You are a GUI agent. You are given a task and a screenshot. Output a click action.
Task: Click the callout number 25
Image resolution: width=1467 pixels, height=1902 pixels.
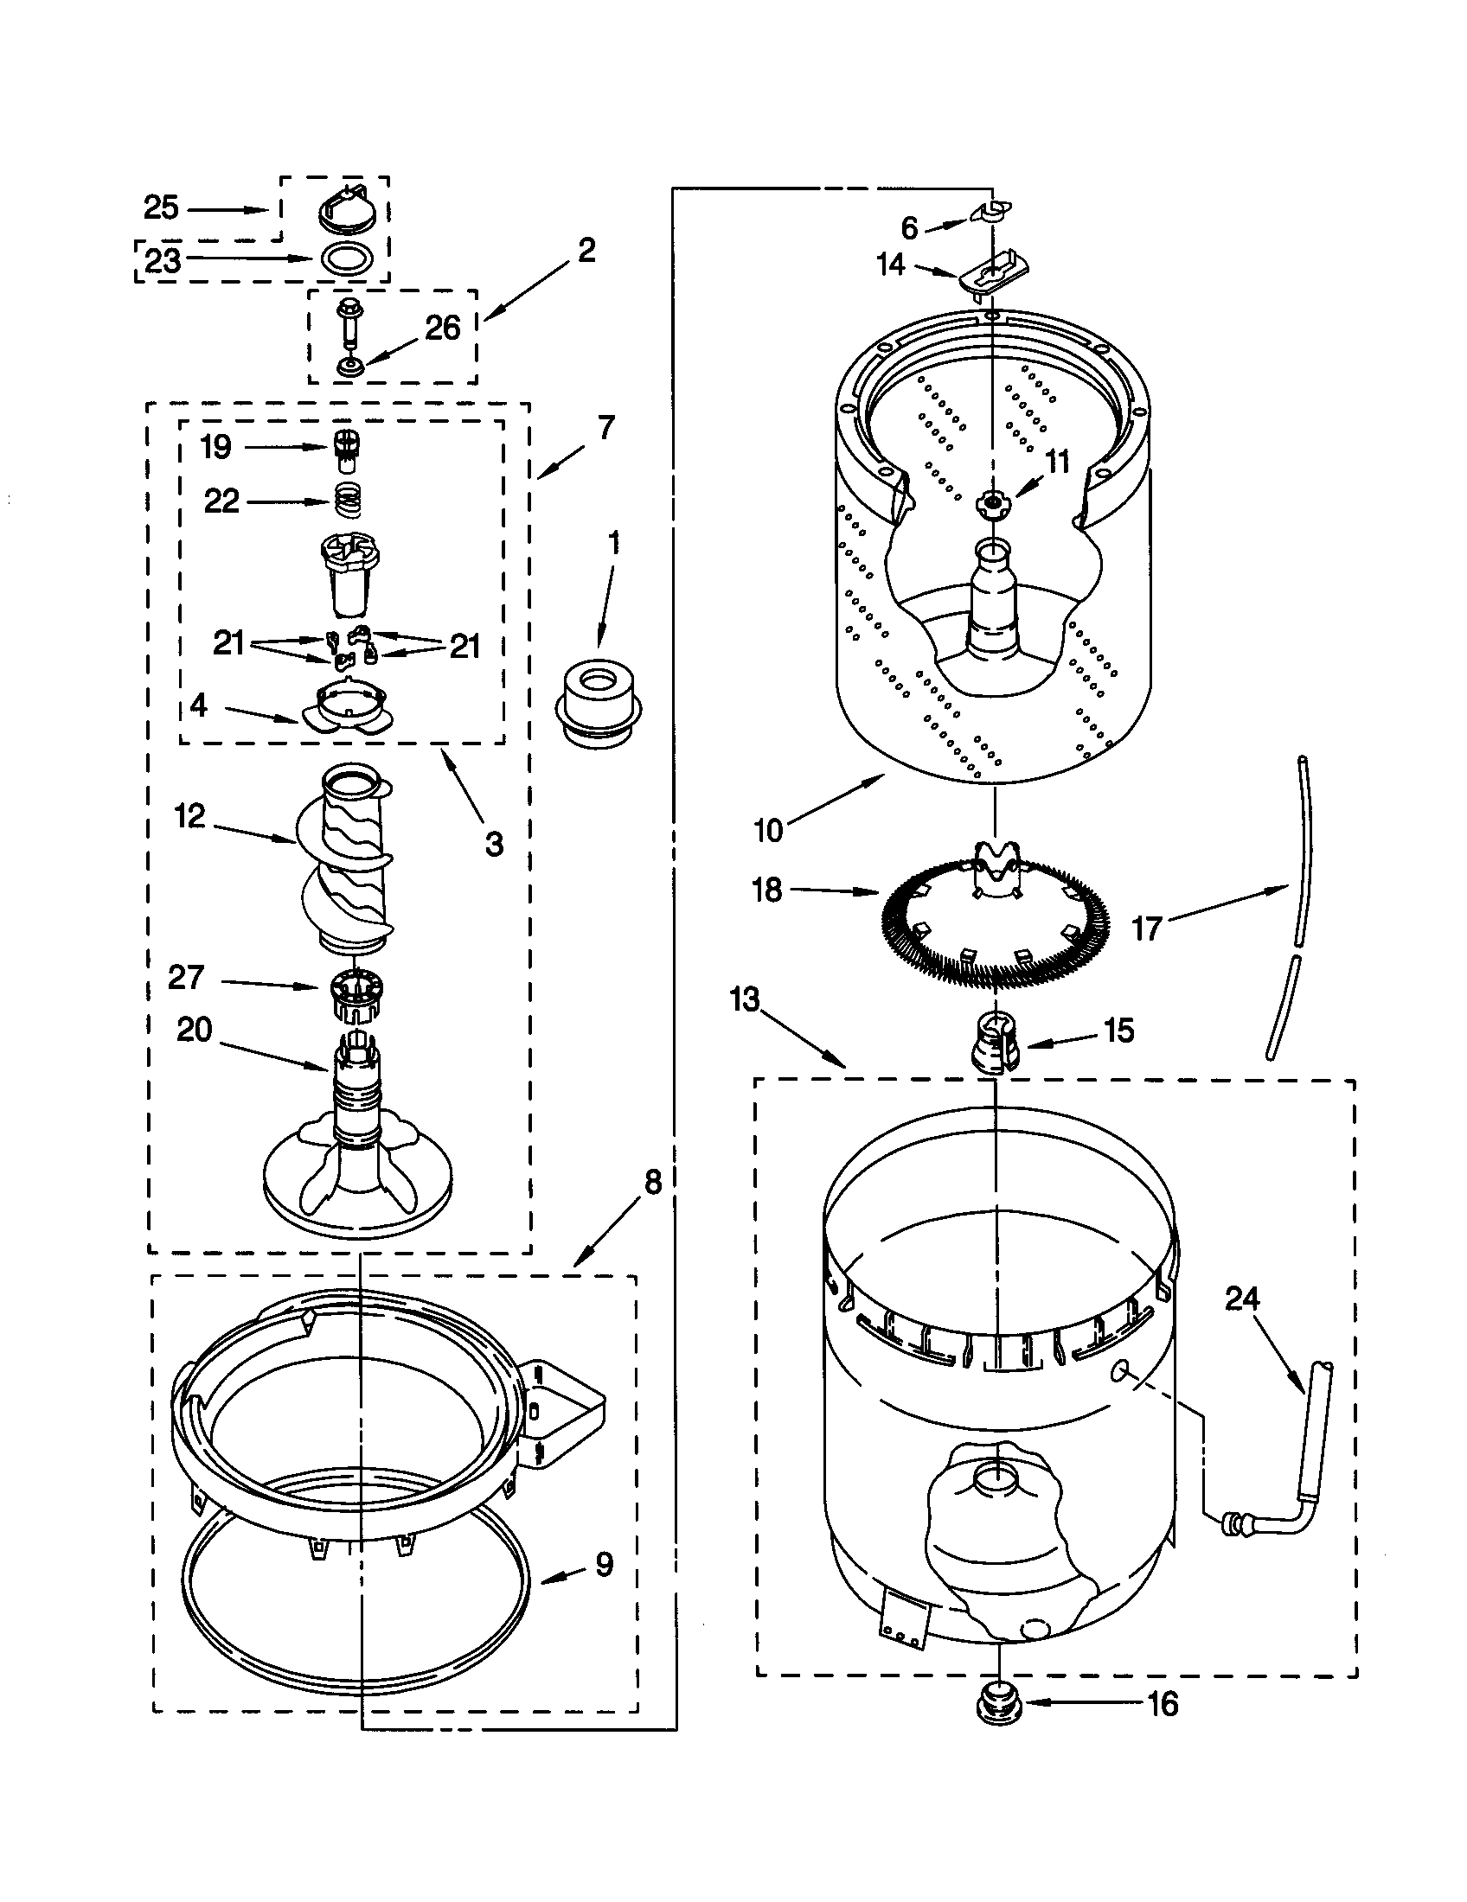[x=161, y=208]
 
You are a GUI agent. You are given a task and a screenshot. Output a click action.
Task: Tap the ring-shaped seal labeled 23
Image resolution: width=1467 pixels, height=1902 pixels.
[x=349, y=258]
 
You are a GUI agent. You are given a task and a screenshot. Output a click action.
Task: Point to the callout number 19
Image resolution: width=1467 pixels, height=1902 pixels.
[x=215, y=447]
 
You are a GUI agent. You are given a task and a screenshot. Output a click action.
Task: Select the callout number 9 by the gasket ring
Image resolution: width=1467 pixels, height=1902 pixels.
[x=604, y=1565]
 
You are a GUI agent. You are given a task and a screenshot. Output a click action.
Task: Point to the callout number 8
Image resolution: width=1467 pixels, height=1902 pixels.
[x=652, y=1182]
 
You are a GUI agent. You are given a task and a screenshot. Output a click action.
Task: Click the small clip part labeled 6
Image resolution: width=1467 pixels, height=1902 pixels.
[x=989, y=212]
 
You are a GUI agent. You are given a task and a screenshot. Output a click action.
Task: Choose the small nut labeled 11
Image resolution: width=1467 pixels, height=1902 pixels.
[x=991, y=501]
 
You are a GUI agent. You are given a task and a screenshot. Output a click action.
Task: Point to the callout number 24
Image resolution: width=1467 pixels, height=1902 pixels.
[x=1242, y=1299]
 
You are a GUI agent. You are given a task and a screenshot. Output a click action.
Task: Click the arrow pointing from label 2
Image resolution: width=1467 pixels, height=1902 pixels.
[x=529, y=293]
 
